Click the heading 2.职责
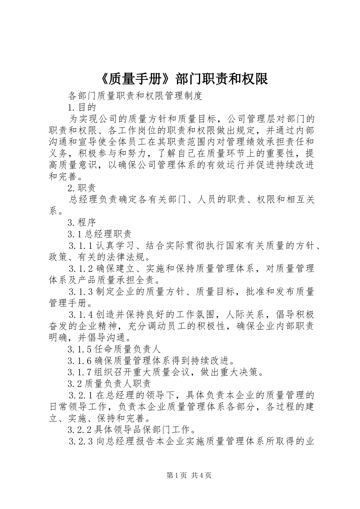pyautogui.click(x=81, y=188)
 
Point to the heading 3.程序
pyautogui.click(x=81, y=222)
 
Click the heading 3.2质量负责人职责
pyautogui.click(x=109, y=384)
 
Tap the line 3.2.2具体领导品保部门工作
pyautogui.click(x=131, y=430)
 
